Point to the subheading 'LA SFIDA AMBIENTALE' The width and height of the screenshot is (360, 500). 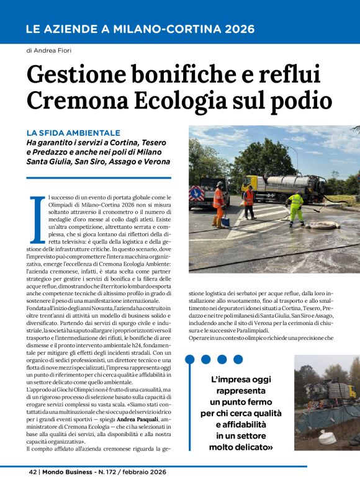click(73, 133)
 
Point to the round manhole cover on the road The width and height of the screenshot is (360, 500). click(323, 225)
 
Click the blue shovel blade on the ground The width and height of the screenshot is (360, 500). click(226, 222)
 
